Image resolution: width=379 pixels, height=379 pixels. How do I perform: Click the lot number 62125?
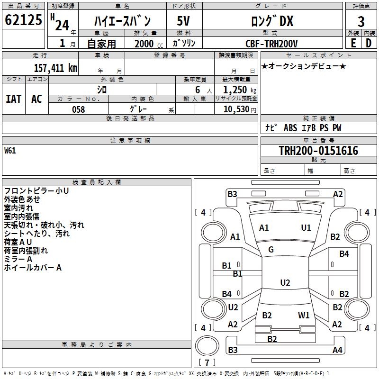pos(23,20)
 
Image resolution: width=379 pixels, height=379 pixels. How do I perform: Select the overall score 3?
pos(361,22)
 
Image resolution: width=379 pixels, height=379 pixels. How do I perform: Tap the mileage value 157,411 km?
pos(55,68)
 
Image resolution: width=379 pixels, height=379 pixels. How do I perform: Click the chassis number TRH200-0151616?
pos(318,151)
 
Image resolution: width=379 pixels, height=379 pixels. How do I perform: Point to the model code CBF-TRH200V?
pos(271,44)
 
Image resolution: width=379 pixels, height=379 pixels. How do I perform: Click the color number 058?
pos(79,109)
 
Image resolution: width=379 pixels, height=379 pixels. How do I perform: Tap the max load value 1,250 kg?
pos(240,90)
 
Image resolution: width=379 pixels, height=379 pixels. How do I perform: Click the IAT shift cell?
pos(14,99)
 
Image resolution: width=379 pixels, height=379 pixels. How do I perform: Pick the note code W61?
pos(10,151)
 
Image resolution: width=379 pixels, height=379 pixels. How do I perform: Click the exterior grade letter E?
pos(353,43)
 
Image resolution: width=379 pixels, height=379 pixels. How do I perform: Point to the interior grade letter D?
pos(369,43)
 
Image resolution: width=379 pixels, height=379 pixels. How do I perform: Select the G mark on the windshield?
pos(271,250)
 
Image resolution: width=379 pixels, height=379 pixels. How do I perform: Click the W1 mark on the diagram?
pos(304,315)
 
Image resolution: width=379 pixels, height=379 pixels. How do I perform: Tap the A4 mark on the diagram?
pos(337,350)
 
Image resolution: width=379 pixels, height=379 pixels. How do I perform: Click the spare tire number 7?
pos(207,362)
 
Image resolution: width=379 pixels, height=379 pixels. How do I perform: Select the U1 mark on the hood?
pos(306,227)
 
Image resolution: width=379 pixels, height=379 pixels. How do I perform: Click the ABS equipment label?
pos(290,127)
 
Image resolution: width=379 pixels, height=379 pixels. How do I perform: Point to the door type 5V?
pos(183,21)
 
